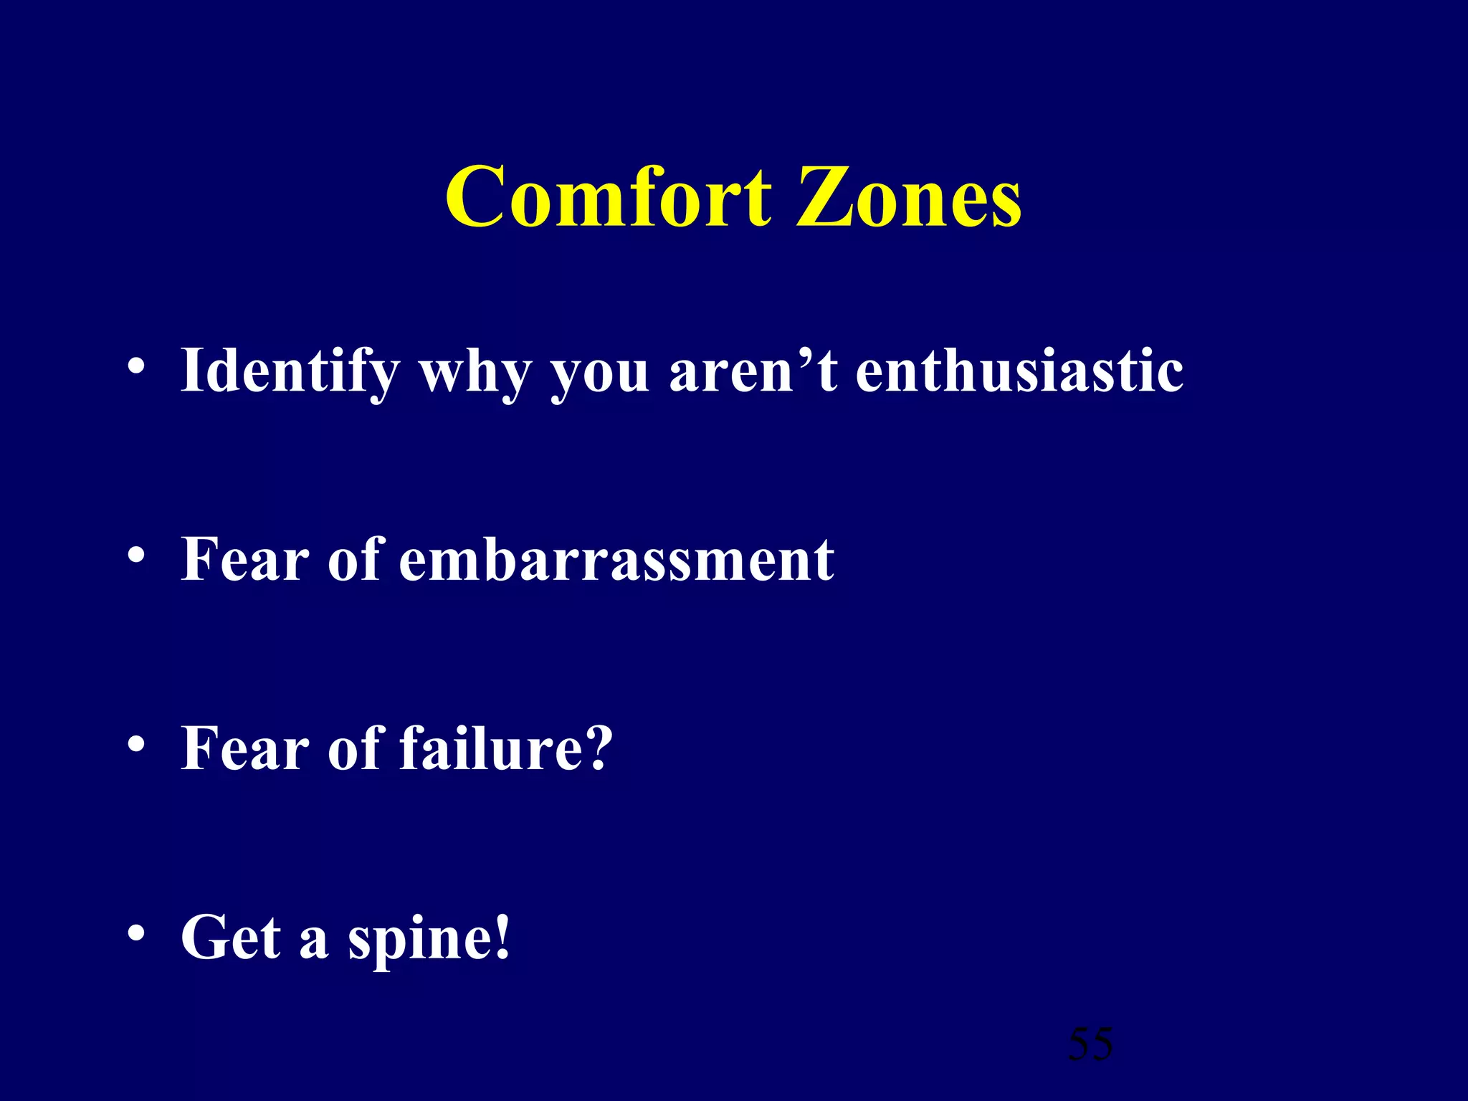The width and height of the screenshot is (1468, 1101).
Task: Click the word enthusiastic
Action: (1019, 371)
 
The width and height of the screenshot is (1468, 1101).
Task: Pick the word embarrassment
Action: (616, 560)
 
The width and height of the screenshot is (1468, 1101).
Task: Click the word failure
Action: (492, 748)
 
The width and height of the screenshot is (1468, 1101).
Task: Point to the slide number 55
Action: (1090, 1044)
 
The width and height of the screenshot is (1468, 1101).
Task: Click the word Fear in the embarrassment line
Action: (244, 560)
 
